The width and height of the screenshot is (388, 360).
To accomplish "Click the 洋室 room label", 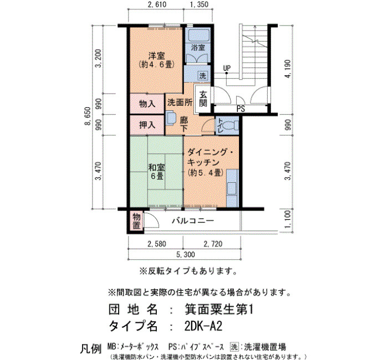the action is (x=156, y=55).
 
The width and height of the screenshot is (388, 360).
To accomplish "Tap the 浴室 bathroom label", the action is (x=198, y=48).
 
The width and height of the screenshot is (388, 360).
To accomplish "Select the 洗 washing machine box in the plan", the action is (x=203, y=75).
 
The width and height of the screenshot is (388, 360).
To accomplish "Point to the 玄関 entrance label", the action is (x=203, y=99).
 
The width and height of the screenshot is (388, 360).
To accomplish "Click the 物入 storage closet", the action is (x=147, y=104).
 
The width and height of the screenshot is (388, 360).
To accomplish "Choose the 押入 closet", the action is (x=147, y=125).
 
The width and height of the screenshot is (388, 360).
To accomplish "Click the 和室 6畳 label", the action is (x=156, y=172).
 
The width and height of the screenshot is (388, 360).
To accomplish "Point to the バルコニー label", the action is (x=193, y=220).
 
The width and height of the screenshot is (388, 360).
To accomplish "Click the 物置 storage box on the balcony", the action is (x=136, y=222).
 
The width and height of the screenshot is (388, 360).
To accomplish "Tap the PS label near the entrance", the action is (x=241, y=109).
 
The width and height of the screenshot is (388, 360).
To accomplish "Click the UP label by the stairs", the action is (x=227, y=68).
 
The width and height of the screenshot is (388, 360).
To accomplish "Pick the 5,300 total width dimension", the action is (x=185, y=254).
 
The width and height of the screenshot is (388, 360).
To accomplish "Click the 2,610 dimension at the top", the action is (x=156, y=4).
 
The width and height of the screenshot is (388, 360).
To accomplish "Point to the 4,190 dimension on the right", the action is (x=288, y=69).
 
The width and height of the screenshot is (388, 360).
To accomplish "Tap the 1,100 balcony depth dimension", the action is (x=288, y=221).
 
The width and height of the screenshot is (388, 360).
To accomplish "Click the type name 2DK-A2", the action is (x=203, y=326).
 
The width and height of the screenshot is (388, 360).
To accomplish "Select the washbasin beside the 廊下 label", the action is (x=171, y=117).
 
